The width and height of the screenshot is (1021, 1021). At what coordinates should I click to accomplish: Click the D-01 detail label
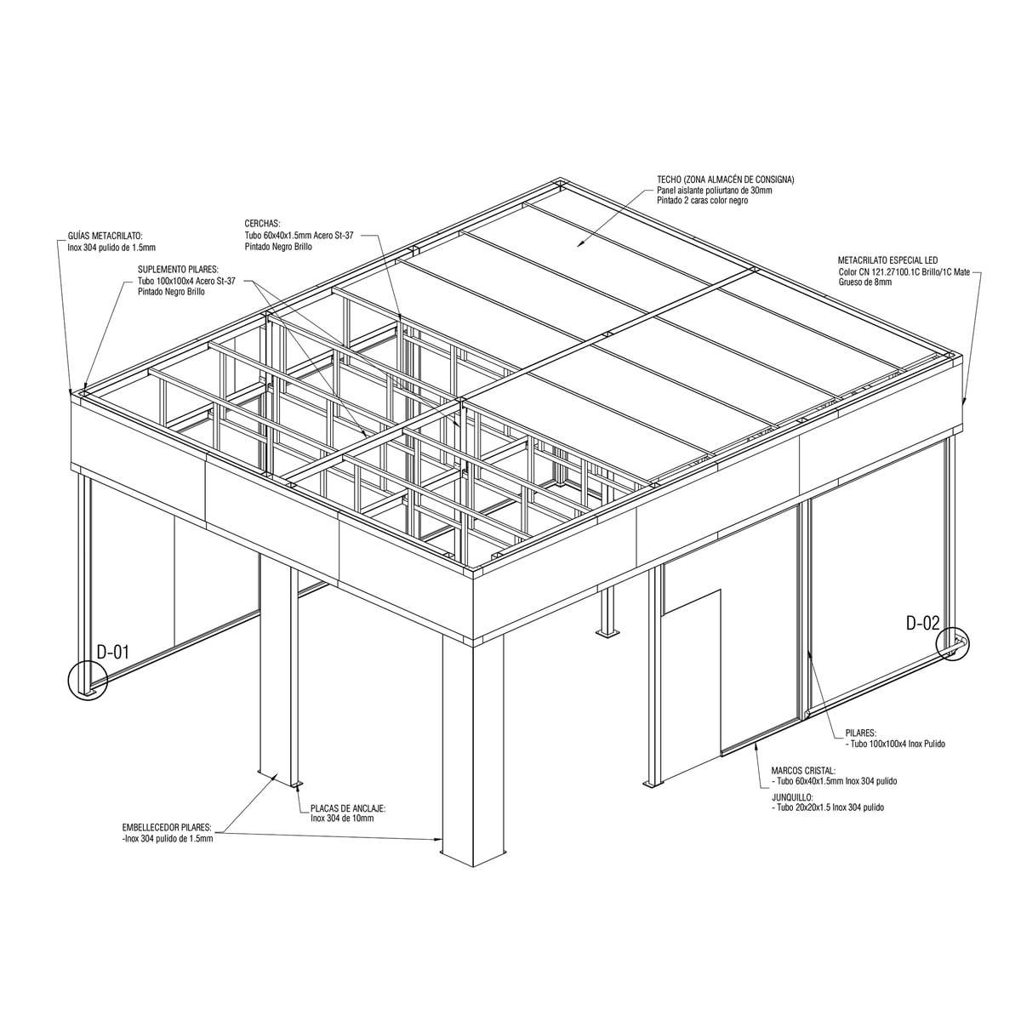(113, 653)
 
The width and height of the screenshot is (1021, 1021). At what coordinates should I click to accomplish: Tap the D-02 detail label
(922, 624)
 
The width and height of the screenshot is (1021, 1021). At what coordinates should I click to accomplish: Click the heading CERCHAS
(262, 224)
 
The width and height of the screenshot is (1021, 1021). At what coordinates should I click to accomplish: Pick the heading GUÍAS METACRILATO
(106, 236)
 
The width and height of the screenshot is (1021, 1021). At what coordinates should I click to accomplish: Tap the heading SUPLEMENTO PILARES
(178, 270)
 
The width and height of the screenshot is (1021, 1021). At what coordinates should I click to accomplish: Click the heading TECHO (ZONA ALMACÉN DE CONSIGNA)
(726, 180)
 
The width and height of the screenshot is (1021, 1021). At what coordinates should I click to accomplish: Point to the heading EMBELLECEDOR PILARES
(167, 827)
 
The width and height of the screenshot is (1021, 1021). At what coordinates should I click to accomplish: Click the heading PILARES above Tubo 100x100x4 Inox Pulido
(861, 733)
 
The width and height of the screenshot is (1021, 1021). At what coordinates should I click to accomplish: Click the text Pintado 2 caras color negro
(703, 200)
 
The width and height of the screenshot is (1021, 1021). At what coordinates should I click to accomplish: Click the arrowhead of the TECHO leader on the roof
(579, 244)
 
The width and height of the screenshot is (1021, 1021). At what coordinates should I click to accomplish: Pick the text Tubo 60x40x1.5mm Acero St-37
(299, 236)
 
